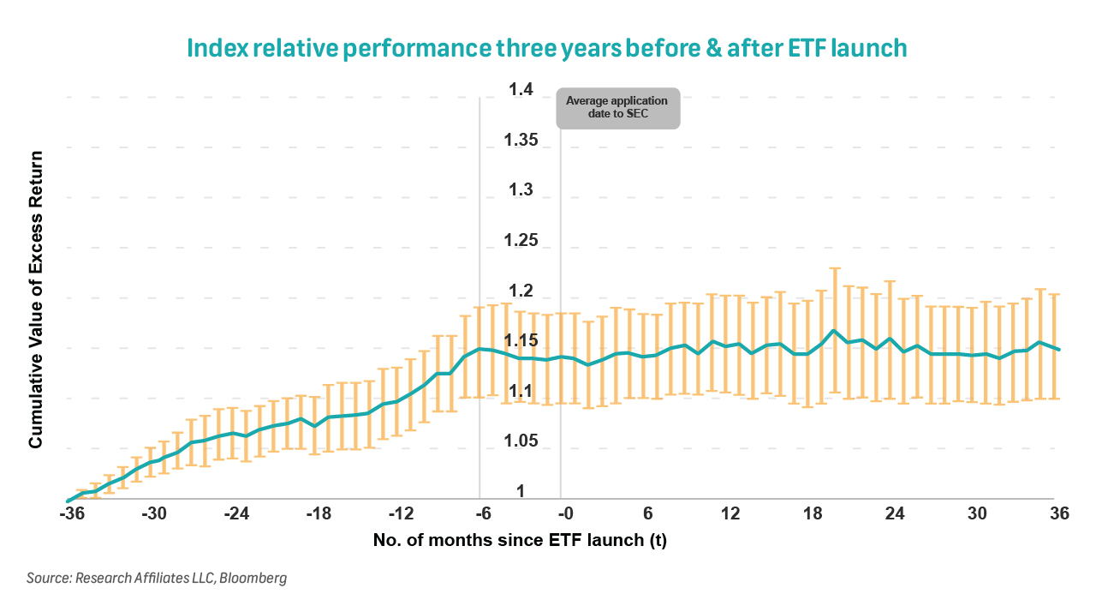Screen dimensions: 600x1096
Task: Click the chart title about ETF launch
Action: tap(548, 48)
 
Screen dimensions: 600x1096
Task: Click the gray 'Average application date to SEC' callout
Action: tap(617, 108)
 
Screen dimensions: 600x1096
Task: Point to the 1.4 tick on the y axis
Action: tap(520, 90)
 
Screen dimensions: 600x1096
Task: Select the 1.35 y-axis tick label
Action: tap(520, 140)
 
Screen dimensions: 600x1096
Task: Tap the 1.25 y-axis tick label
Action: tap(520, 240)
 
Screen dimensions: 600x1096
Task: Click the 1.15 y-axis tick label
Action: tap(520, 341)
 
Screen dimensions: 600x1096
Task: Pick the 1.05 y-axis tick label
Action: tap(520, 441)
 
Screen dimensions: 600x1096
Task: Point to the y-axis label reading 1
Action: tap(520, 491)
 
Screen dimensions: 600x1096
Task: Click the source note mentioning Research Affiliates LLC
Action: tap(156, 578)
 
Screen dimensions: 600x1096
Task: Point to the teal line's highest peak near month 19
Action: tap(833, 330)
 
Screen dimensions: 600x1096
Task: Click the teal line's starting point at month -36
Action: tap(68, 501)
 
